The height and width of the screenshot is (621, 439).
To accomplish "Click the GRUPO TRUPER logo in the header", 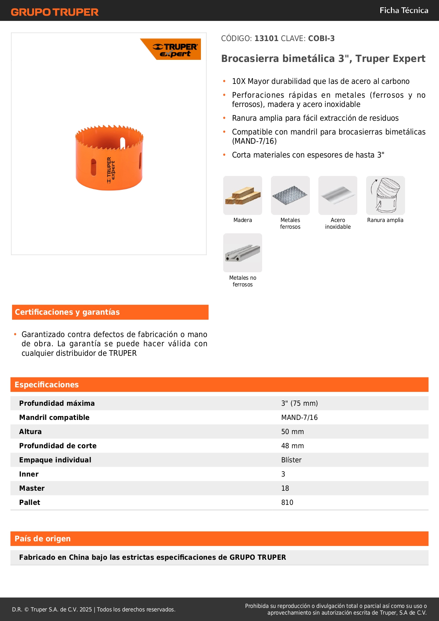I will (x=54, y=12).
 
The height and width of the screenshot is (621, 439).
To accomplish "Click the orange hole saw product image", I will (x=109, y=158).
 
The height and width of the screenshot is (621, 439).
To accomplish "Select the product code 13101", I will (x=266, y=38).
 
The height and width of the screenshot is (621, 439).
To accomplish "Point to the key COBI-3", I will (x=321, y=38).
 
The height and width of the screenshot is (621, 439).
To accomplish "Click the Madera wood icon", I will (x=243, y=195).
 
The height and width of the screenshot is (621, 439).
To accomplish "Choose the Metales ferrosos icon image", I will (x=290, y=195).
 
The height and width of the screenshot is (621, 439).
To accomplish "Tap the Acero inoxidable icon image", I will (x=338, y=195).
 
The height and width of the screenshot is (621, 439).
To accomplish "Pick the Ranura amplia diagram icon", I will (x=385, y=195).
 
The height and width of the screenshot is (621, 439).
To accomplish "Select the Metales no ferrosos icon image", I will (x=243, y=253).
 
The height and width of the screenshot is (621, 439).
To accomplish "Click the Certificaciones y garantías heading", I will (x=67, y=312).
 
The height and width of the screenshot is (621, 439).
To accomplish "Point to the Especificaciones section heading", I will (x=47, y=384).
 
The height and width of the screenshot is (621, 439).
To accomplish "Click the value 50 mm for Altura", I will (x=293, y=432).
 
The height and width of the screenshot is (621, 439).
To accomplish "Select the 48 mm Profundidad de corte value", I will (x=293, y=446).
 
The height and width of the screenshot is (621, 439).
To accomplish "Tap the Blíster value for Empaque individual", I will (x=291, y=460).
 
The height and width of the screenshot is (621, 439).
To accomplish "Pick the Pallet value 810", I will (x=287, y=502).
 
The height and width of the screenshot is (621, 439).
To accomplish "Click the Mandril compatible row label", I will (x=54, y=417).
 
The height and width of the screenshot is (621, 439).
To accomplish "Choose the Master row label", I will (x=32, y=488).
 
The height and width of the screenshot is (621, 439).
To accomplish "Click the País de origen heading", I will (x=42, y=539).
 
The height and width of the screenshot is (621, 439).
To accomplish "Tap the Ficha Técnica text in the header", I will (x=404, y=10).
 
